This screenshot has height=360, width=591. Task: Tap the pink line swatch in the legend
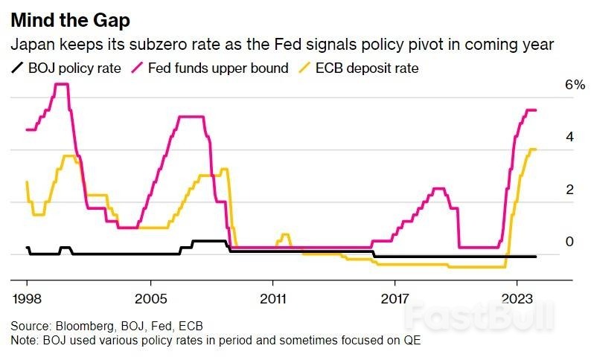(137, 69)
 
